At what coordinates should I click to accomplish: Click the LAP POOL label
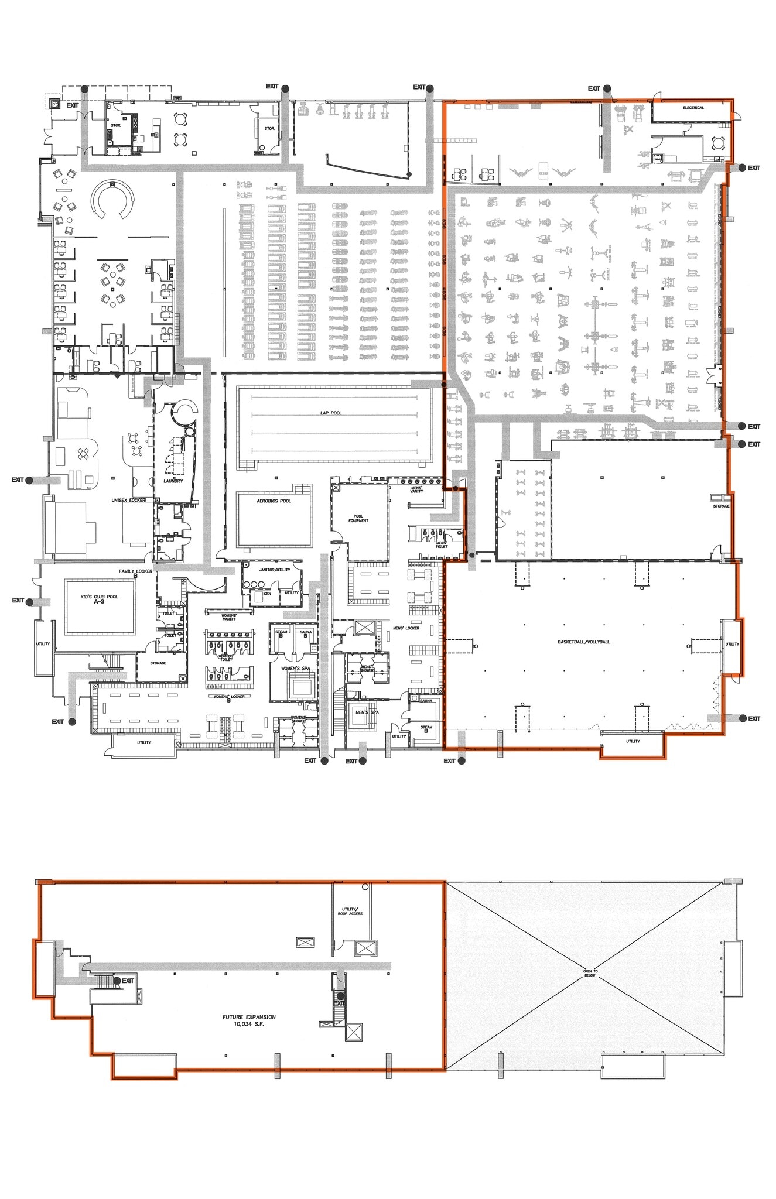coord(330,413)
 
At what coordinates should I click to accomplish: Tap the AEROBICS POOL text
coord(274,501)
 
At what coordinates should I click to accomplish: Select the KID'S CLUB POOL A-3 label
coord(99,599)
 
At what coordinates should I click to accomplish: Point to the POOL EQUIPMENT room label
coord(358,518)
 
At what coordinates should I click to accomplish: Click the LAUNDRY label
coord(173,481)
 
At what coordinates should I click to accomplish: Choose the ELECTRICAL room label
coord(693,108)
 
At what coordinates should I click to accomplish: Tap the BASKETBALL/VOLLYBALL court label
coord(583,642)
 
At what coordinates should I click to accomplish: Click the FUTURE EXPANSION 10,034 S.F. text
coord(249,1020)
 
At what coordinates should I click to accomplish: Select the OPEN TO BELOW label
coord(590,973)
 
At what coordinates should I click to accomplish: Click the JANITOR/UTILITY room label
coord(275,570)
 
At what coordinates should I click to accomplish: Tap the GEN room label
coord(267,594)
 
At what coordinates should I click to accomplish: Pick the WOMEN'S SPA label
coord(295,669)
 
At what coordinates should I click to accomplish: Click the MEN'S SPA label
coord(367,712)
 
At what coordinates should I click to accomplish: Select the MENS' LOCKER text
coord(406,628)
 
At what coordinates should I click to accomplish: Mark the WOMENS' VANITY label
coord(228,617)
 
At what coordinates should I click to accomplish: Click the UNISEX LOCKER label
coord(128,501)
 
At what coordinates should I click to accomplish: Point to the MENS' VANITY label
coord(416,489)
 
